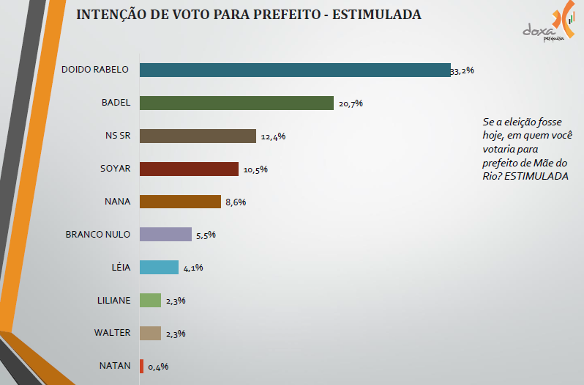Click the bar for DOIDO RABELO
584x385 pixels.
(294, 70)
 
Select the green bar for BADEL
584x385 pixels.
(236, 103)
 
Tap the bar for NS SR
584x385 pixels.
(198, 136)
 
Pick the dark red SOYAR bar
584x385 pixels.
(189, 169)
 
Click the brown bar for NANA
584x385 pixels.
(180, 202)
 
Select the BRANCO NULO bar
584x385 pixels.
(165, 235)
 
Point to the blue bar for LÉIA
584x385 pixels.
(159, 267)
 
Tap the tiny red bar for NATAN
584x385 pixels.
(141, 365)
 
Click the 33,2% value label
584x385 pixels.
(463, 71)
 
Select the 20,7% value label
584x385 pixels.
(351, 103)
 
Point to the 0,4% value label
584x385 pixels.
(158, 366)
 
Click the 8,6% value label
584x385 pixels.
(235, 202)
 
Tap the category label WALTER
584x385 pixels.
(112, 332)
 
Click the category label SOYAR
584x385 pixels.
(115, 168)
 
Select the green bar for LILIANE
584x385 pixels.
(150, 300)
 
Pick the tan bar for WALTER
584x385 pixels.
(150, 333)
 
